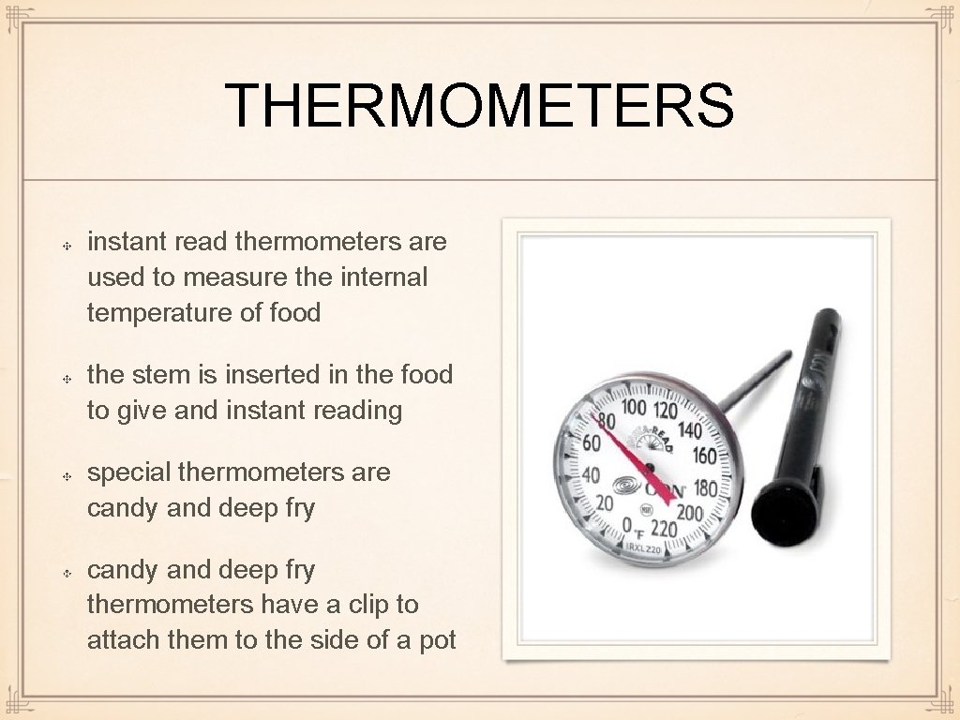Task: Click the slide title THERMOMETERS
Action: coord(479,106)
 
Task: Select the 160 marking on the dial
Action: coord(704,457)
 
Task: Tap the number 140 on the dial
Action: coord(689,430)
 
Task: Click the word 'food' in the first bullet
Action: coord(295,313)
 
